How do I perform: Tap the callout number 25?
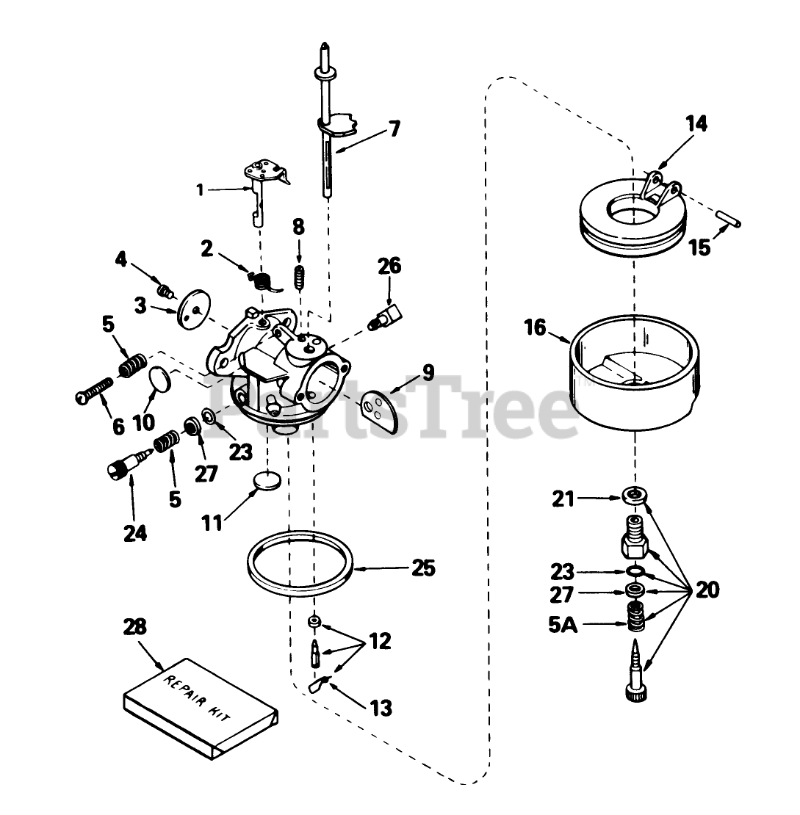(424, 568)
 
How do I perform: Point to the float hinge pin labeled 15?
(729, 220)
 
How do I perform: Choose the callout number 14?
(696, 124)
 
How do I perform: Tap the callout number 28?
(134, 628)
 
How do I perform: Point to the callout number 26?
(389, 266)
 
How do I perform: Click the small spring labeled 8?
(299, 278)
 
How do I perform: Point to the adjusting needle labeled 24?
(127, 466)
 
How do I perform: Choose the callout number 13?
(381, 709)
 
